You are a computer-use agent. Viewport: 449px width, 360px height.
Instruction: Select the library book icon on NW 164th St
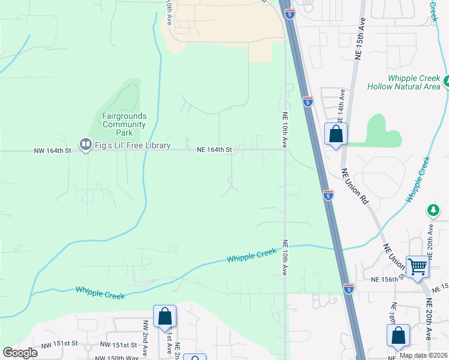[x=86, y=145]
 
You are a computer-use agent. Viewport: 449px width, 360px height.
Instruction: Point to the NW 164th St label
[x=52, y=151]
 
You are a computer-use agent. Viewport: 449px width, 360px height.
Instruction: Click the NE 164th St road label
[x=215, y=150]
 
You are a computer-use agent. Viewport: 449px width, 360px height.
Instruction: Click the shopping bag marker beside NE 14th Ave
[x=336, y=134]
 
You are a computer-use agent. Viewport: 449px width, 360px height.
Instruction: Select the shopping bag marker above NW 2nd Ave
[x=164, y=316]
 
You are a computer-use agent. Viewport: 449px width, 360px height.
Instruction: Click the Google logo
[x=20, y=353]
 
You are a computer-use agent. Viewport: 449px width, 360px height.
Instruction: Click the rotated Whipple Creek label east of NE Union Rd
[x=418, y=179]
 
